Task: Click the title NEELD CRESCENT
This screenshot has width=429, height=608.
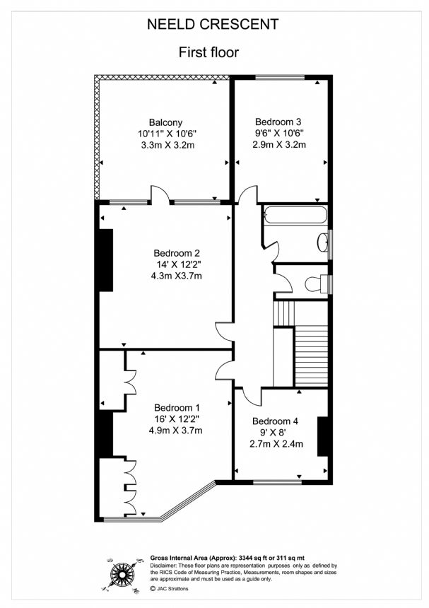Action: point(213,24)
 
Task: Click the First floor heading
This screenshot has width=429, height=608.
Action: point(208,52)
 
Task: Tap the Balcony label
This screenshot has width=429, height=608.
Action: point(165,122)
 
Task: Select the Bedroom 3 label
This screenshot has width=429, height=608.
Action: point(278,122)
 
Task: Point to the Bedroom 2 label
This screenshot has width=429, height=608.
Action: point(177,253)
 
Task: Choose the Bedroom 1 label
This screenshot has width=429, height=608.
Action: point(177,407)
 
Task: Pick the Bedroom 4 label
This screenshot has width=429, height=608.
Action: point(275,421)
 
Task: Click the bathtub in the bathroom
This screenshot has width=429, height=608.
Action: point(295,214)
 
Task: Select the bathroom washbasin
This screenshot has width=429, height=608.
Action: point(322,242)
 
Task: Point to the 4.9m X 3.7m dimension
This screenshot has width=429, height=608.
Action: point(175,430)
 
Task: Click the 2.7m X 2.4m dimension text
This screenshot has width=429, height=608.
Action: point(276,443)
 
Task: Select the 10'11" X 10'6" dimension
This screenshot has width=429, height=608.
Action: point(168,134)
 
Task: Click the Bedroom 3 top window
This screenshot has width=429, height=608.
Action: point(280,77)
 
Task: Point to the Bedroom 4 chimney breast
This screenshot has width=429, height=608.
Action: point(323,437)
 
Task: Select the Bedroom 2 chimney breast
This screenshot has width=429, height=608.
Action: point(106,260)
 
